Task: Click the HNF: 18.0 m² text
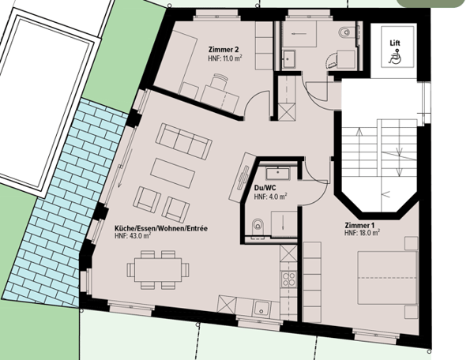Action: click(x=362, y=233)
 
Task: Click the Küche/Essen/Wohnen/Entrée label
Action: click(x=161, y=227)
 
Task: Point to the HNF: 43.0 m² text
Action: click(x=137, y=236)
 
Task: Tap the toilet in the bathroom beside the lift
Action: click(x=344, y=33)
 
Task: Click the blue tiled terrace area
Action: click(x=79, y=197)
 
